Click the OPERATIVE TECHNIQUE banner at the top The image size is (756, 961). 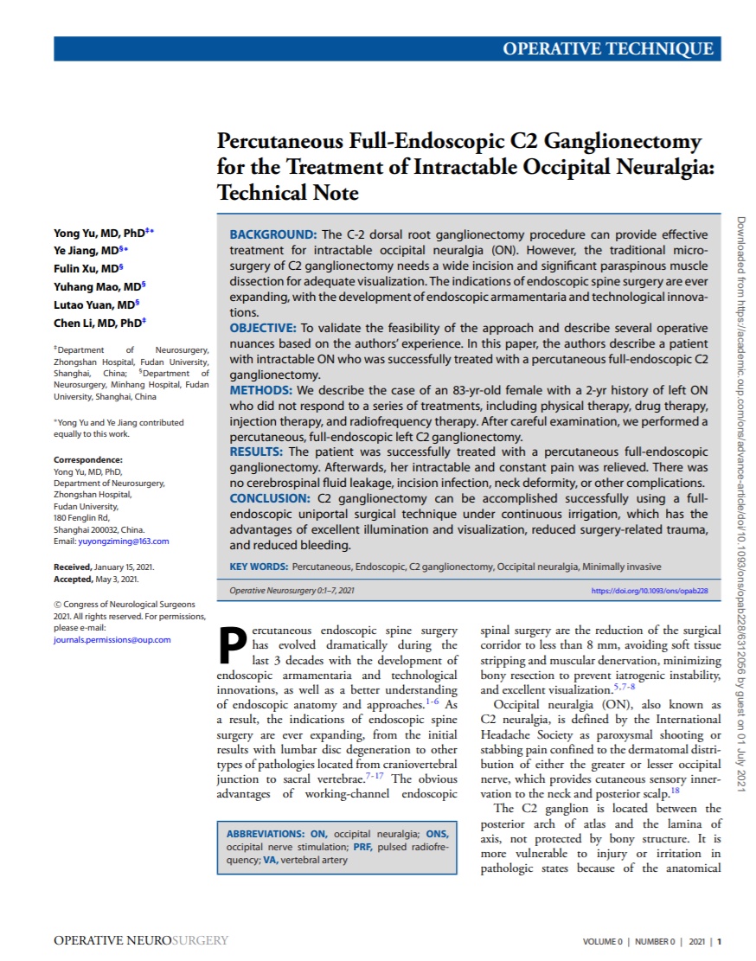click(x=608, y=48)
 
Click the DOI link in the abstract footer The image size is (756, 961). click(x=650, y=591)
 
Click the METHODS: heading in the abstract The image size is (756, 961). click(x=260, y=390)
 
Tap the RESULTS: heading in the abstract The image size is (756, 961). click(x=258, y=452)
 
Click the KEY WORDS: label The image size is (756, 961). click(x=259, y=567)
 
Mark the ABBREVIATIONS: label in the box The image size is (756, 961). click(x=266, y=834)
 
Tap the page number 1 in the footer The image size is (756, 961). click(x=719, y=941)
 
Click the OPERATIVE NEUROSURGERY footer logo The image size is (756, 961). click(x=141, y=940)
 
